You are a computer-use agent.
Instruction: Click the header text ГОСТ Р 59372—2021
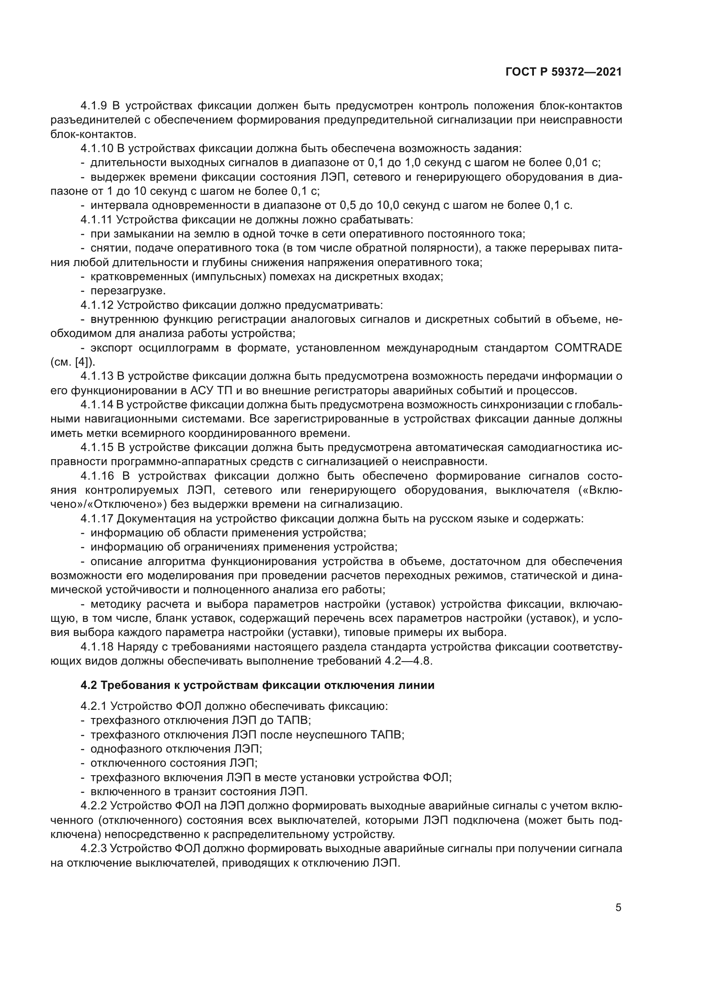pos(564,72)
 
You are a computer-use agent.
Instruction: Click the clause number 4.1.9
pos(94,106)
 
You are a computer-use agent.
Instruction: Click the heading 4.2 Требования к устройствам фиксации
pos(257,685)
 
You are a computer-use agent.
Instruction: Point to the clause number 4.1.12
pos(97,305)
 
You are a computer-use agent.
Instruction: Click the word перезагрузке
pos(128,291)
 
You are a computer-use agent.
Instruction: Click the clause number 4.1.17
pos(97,519)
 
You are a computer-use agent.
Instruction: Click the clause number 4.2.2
pos(94,806)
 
